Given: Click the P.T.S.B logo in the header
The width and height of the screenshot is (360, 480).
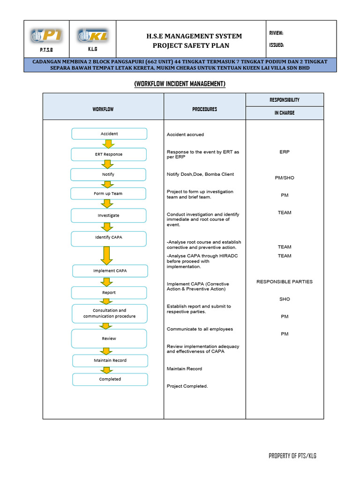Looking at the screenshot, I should tap(46, 36).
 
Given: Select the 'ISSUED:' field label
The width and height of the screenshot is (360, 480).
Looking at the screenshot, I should tap(277, 45).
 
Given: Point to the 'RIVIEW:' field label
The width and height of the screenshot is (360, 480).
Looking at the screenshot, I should tap(276, 33).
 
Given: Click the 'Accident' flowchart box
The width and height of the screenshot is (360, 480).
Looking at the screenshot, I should tap(109, 134).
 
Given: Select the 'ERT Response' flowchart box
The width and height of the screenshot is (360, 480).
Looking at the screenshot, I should tap(109, 154).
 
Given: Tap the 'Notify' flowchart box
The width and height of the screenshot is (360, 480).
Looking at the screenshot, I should tap(108, 174).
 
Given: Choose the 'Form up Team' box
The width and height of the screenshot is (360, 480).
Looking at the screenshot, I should tap(108, 193).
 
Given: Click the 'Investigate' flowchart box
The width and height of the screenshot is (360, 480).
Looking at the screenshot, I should tap(108, 215).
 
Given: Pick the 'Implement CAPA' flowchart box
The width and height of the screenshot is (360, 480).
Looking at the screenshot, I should tap(110, 271).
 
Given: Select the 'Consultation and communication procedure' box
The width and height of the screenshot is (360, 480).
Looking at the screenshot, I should tap(109, 313).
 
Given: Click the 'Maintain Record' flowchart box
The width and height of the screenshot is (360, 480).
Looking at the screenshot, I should tap(110, 360).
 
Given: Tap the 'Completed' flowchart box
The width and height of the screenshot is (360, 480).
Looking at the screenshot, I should tap(110, 379).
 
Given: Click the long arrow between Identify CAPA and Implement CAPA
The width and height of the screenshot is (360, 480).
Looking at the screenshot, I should tap(107, 255).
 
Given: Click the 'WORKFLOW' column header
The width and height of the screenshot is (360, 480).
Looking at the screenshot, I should tap(103, 109).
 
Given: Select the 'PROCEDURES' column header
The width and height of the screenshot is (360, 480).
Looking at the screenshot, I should tap(204, 109).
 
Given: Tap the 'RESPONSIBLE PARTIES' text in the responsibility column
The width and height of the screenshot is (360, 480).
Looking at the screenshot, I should tap(285, 282).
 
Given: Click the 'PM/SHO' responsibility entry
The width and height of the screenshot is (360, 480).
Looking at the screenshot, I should tap(285, 178).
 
